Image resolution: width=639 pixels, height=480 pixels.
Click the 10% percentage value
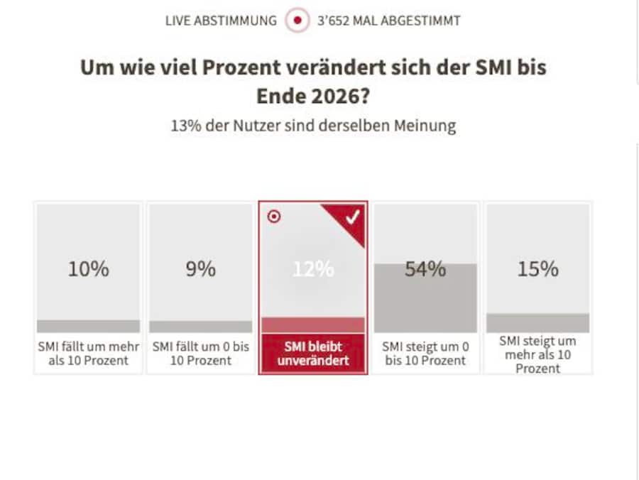tap(89, 270)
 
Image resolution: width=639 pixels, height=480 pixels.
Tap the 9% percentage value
tap(200, 270)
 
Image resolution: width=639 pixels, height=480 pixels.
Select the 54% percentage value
tap(425, 270)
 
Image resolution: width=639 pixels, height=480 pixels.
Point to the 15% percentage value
tap(537, 270)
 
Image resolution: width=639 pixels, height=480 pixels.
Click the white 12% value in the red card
tap(313, 270)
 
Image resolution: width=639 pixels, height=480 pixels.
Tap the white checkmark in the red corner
tap(352, 218)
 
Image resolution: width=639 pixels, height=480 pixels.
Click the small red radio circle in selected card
tap(273, 217)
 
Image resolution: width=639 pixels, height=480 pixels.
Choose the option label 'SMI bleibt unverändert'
tap(313, 354)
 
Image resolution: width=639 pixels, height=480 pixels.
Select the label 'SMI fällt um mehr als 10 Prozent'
tap(89, 354)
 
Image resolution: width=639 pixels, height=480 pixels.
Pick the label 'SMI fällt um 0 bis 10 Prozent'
tap(200, 354)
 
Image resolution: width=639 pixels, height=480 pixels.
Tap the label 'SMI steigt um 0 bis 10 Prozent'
tap(425, 354)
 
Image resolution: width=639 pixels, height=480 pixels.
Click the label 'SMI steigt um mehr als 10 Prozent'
tap(537, 354)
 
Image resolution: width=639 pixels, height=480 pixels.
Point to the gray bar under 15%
tap(537, 323)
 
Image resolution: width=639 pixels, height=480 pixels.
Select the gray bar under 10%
tap(89, 326)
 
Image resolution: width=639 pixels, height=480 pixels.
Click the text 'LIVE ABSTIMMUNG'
tap(221, 21)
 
